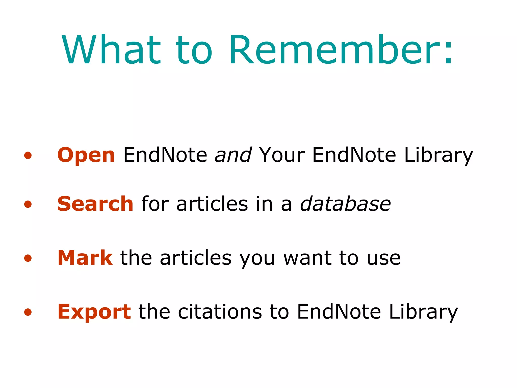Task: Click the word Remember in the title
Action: (333, 50)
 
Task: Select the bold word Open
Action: (86, 155)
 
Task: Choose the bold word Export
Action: (94, 312)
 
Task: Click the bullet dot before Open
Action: (28, 155)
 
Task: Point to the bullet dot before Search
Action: (28, 204)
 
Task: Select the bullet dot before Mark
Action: (28, 258)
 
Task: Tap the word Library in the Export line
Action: (423, 312)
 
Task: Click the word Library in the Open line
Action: (438, 155)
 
